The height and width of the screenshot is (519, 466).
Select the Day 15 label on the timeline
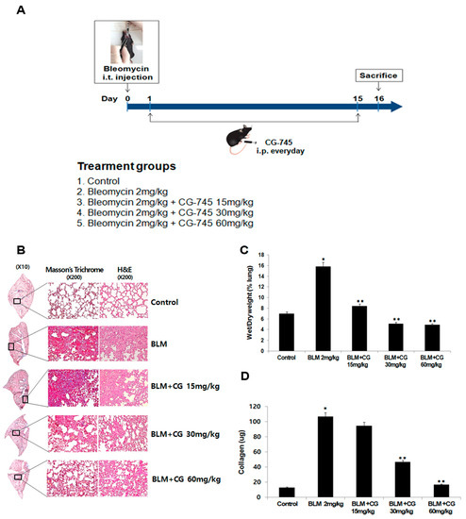point(358,97)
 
